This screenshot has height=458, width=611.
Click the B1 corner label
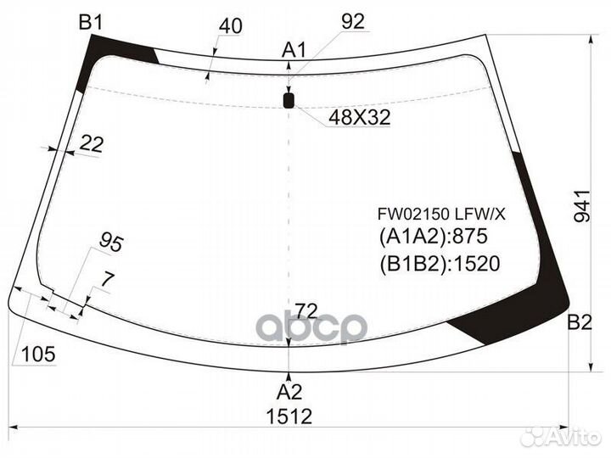tap(91, 22)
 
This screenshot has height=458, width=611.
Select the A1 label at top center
tap(294, 50)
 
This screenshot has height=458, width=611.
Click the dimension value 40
tap(230, 27)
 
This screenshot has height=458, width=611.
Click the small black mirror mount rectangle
tap(289, 102)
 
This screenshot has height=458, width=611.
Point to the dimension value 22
tap(91, 145)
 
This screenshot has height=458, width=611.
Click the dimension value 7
tap(106, 279)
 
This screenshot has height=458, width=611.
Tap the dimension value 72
tap(307, 310)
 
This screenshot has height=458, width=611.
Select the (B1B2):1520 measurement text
tap(439, 264)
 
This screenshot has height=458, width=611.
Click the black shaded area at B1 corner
tap(93, 59)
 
